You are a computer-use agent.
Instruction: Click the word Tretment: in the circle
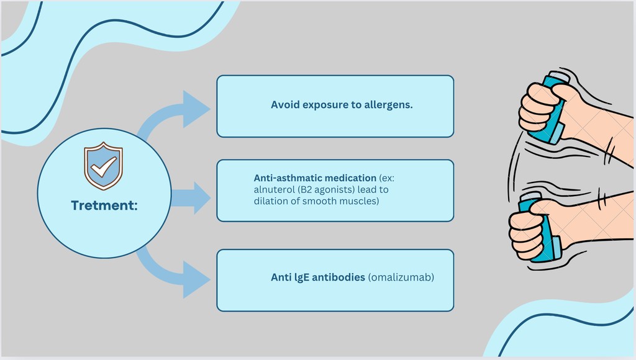click(104, 205)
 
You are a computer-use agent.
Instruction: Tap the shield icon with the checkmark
click(104, 166)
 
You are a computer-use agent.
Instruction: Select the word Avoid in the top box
click(285, 105)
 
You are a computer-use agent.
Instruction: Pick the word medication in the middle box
click(351, 178)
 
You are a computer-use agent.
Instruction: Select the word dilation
click(268, 200)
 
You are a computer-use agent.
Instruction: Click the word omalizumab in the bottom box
click(401, 277)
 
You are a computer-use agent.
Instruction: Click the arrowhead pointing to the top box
click(196, 109)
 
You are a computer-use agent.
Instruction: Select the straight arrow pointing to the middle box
click(191, 198)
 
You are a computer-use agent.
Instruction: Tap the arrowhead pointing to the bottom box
click(196, 280)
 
